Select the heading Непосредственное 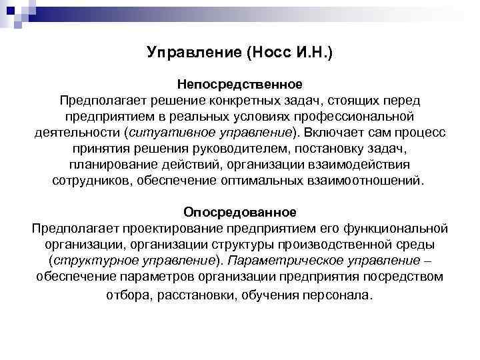(240, 85)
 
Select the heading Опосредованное (240, 212)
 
